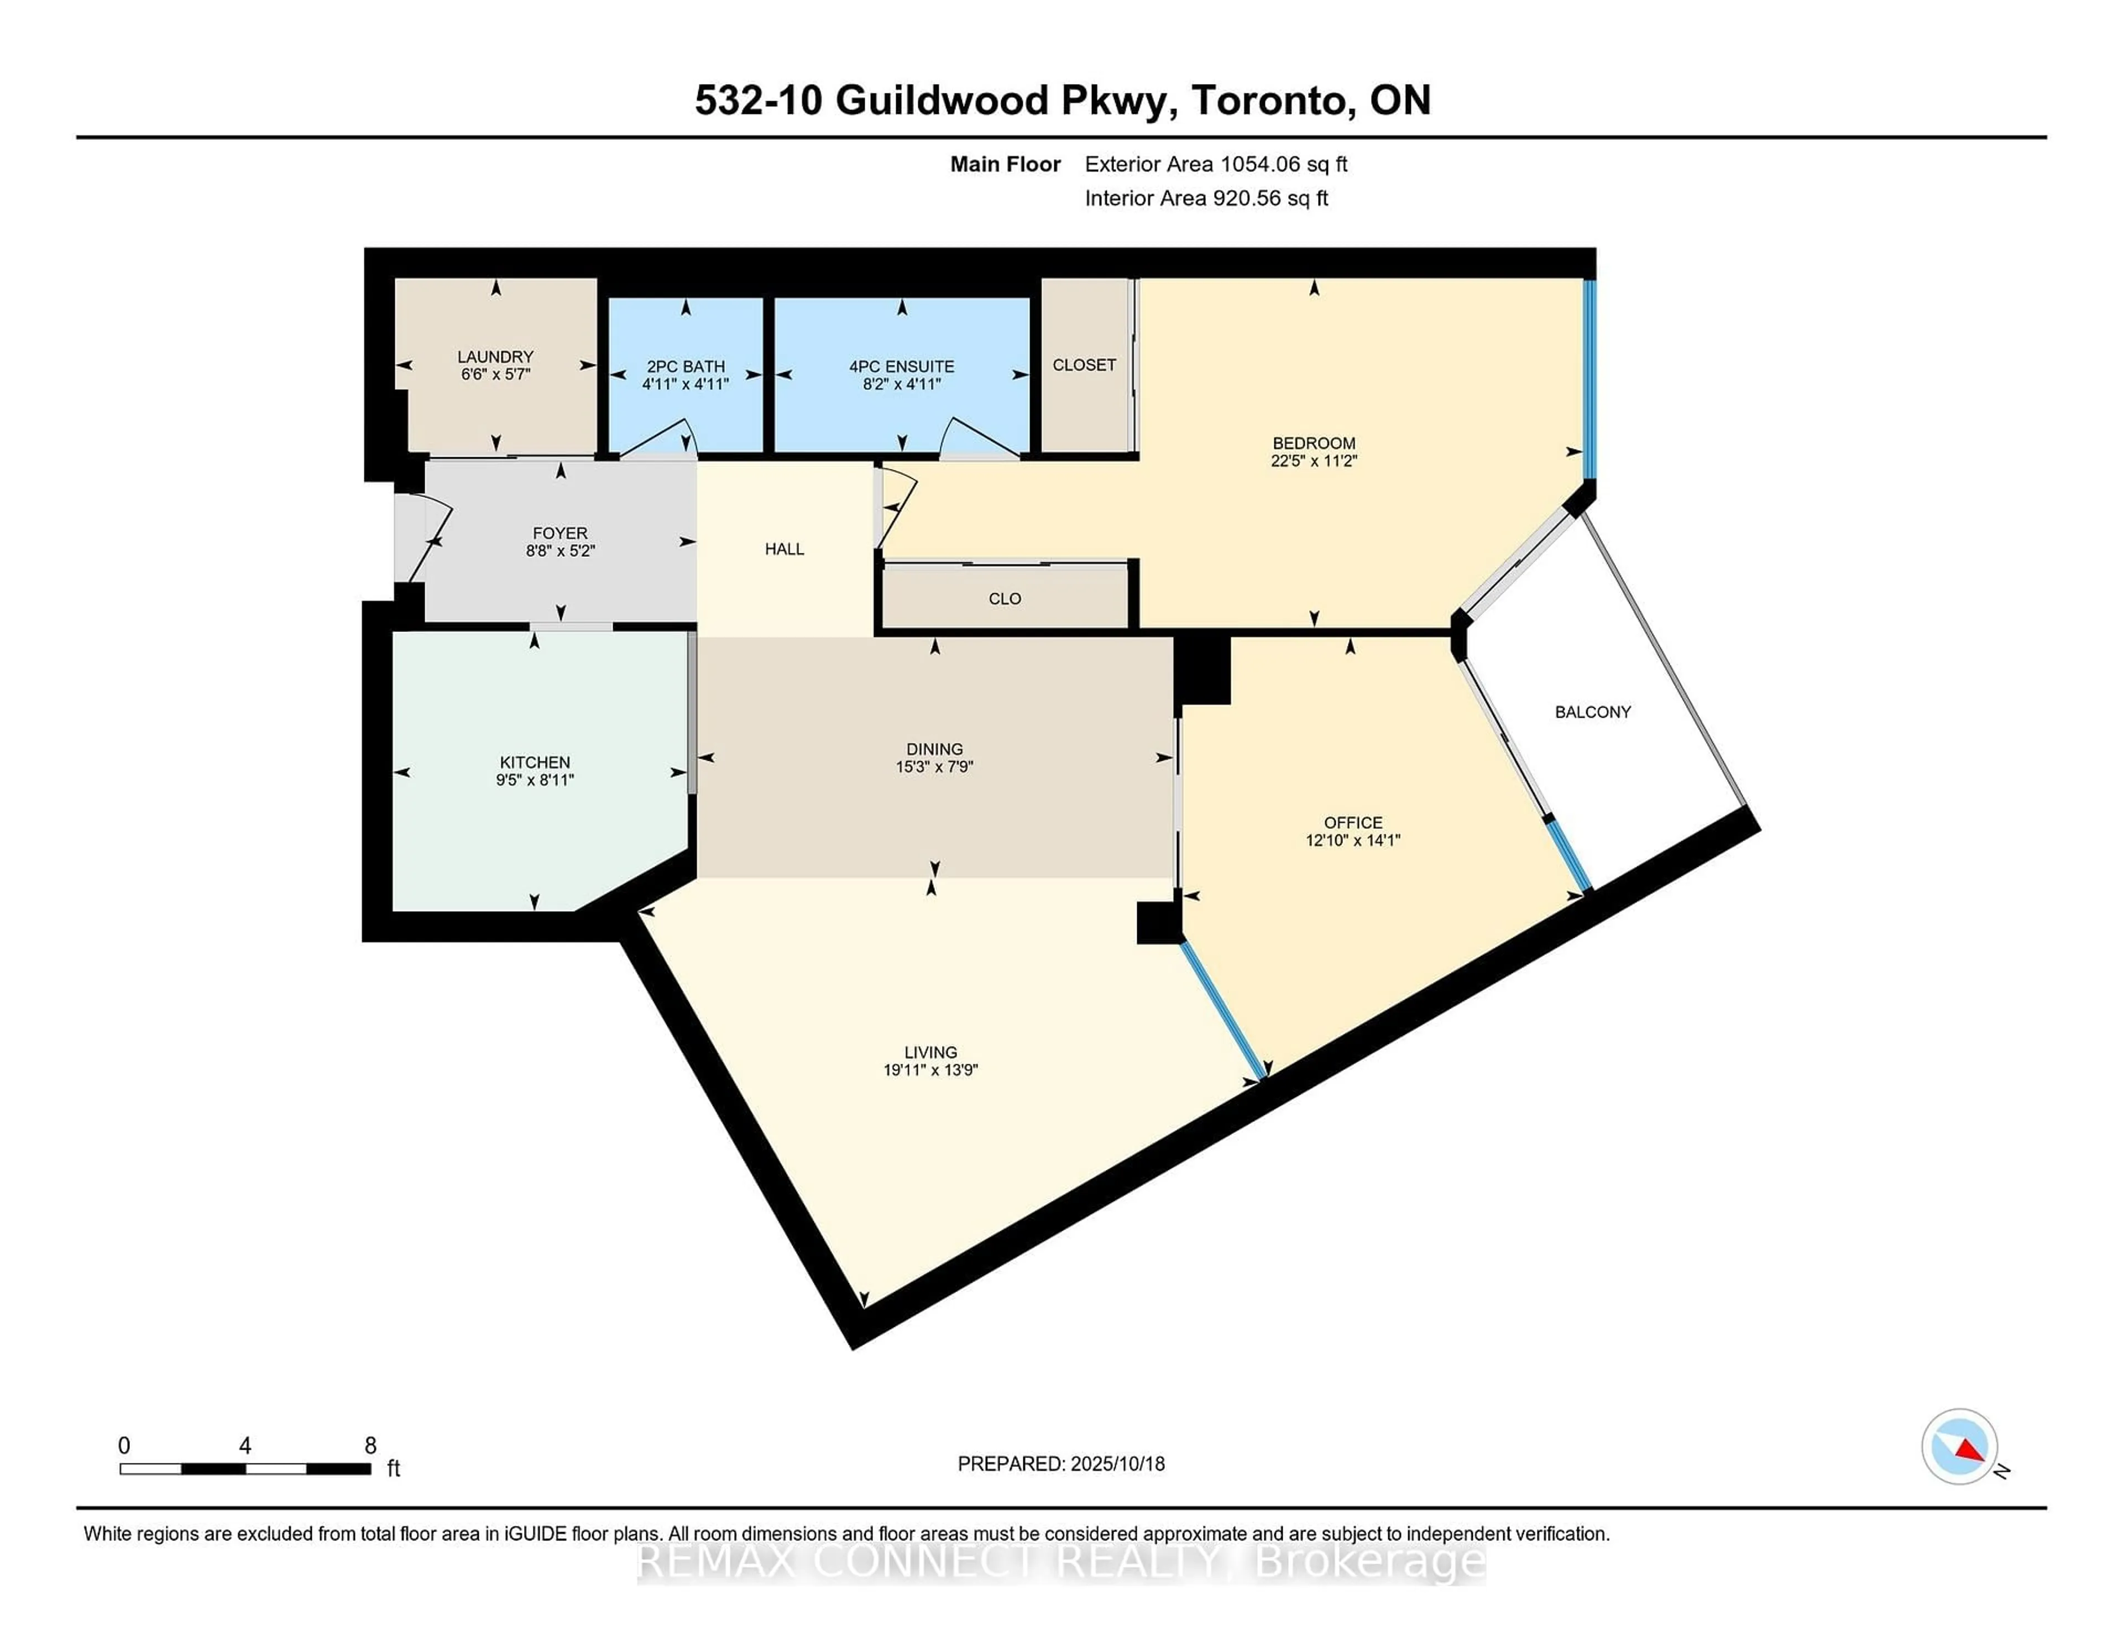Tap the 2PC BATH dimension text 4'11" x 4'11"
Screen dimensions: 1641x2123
[686, 384]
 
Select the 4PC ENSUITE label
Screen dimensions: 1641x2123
[901, 367]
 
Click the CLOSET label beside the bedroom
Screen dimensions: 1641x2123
[1084, 364]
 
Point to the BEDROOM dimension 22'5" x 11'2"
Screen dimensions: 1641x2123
[1313, 461]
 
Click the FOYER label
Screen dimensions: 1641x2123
[560, 533]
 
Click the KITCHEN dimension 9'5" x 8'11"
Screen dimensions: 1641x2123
[535, 780]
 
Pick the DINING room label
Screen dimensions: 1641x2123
[934, 749]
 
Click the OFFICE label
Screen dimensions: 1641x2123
[1352, 823]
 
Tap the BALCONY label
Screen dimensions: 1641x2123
[1592, 712]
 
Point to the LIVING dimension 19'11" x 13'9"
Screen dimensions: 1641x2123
[930, 1069]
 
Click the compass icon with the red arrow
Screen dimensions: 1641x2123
[1959, 1446]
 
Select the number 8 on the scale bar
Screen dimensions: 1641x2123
[370, 1446]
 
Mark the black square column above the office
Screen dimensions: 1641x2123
[1202, 670]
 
